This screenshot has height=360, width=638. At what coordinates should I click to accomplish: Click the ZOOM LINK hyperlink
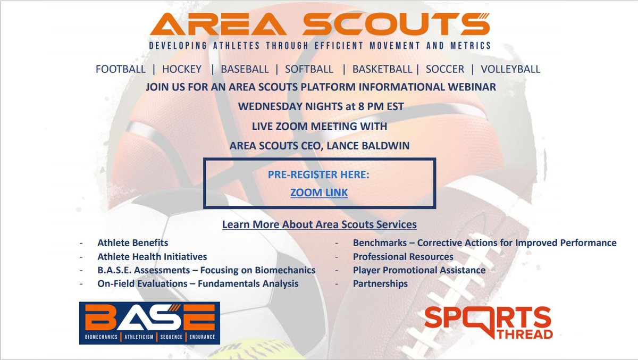point(319,192)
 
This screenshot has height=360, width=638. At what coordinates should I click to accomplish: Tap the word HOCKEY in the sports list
point(182,69)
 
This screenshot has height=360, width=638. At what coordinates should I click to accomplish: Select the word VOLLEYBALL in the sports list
point(510,69)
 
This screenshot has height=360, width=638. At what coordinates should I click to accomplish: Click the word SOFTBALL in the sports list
point(309,69)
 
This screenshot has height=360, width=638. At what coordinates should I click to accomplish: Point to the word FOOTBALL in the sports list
point(121,69)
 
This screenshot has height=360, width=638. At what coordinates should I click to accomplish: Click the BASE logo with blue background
point(149,323)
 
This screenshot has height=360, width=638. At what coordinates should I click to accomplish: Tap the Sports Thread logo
point(488,322)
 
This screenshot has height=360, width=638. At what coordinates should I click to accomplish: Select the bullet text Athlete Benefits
point(133,243)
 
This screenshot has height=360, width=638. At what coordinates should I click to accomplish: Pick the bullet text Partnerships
point(380,283)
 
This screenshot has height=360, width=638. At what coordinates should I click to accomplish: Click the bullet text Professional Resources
point(403,256)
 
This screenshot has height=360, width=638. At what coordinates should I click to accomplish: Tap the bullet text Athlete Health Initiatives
point(152,256)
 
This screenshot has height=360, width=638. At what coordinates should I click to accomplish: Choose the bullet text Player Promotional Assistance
point(419,270)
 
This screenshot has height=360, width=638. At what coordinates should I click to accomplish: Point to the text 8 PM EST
point(380,106)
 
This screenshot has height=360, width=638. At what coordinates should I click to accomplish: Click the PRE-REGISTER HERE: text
point(319,174)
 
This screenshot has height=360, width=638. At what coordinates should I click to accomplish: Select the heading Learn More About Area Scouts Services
point(319,224)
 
